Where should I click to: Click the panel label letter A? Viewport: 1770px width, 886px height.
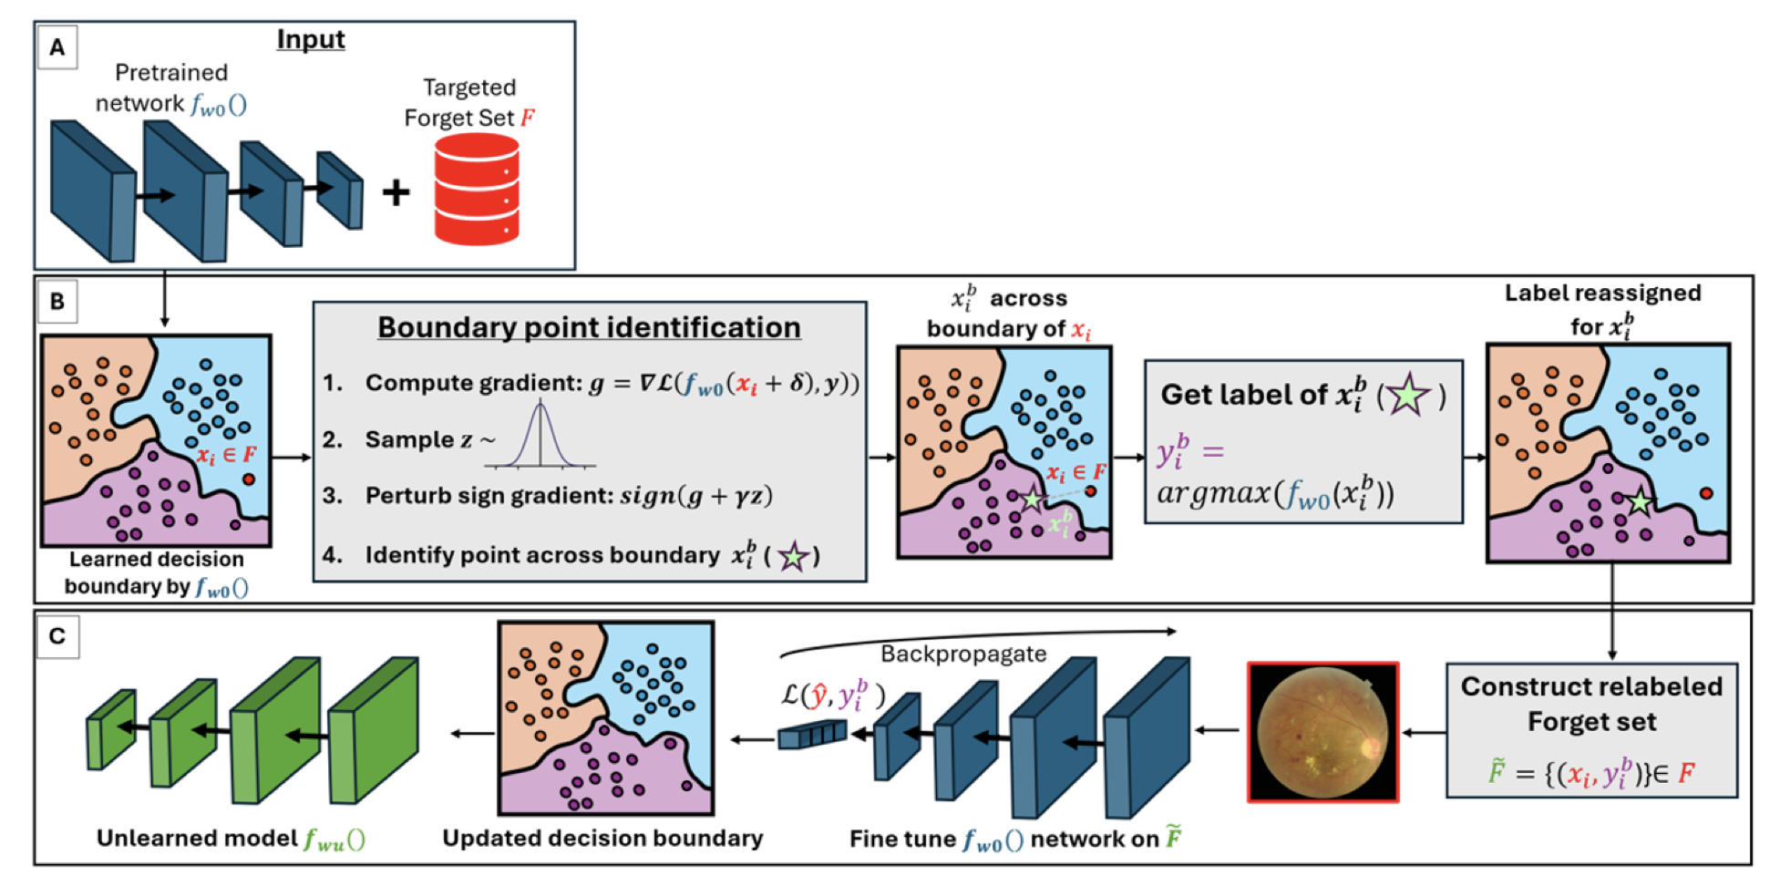coord(57,47)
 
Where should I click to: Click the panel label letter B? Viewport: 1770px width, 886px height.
coord(57,302)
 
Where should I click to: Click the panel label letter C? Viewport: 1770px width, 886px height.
coord(57,635)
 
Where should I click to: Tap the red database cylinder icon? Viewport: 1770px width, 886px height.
coord(477,190)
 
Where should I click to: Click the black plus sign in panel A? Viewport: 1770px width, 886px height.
coord(396,192)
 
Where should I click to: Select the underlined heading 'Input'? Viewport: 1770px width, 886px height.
coord(311,39)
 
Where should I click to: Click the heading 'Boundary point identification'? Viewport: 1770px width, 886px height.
coord(589,327)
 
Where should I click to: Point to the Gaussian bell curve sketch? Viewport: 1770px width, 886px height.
coord(540,436)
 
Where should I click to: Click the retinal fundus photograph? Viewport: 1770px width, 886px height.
coord(1322,732)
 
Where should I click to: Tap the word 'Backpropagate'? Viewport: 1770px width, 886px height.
coord(963,654)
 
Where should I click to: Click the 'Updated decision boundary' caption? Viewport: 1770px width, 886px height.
coord(602,839)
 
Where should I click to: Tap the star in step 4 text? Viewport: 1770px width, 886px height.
coord(792,555)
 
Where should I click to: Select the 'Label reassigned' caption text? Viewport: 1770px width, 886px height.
coord(1602,294)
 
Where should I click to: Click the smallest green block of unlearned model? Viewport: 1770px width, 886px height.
coord(111,729)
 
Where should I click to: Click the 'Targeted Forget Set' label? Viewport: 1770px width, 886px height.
coord(468,102)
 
